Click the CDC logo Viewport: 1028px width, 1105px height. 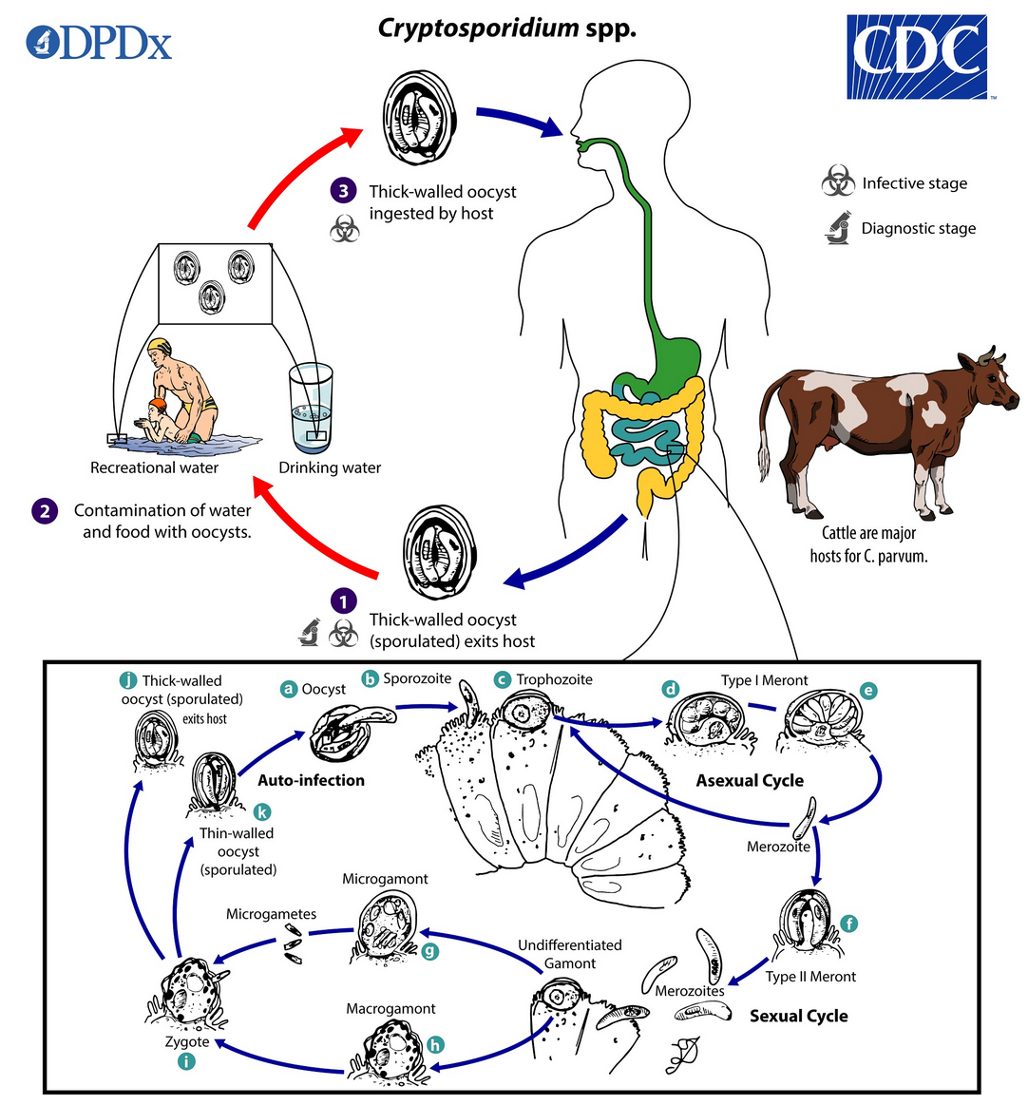(x=918, y=56)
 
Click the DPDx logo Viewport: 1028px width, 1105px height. (x=99, y=44)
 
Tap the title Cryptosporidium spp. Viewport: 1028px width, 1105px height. (x=507, y=29)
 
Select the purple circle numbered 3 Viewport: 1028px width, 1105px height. (x=343, y=190)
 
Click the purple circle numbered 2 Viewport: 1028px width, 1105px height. (x=45, y=511)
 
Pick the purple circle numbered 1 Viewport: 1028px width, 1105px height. (x=343, y=601)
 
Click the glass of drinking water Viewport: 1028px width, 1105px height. (x=311, y=408)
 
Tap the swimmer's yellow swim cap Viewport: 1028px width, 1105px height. (x=160, y=347)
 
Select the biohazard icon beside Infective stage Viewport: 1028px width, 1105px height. (x=838, y=181)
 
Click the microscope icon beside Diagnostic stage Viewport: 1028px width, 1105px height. (x=838, y=227)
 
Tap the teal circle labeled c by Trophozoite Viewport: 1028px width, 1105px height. (x=502, y=679)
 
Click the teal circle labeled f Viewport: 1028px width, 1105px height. (x=849, y=924)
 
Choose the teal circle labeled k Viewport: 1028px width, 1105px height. (x=262, y=811)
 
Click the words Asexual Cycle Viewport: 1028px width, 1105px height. (x=750, y=780)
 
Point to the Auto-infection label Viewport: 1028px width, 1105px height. (x=312, y=780)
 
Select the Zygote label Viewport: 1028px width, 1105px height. (x=187, y=1041)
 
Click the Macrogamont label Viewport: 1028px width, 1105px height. (x=390, y=1008)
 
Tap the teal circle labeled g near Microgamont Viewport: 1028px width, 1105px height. (x=429, y=951)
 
